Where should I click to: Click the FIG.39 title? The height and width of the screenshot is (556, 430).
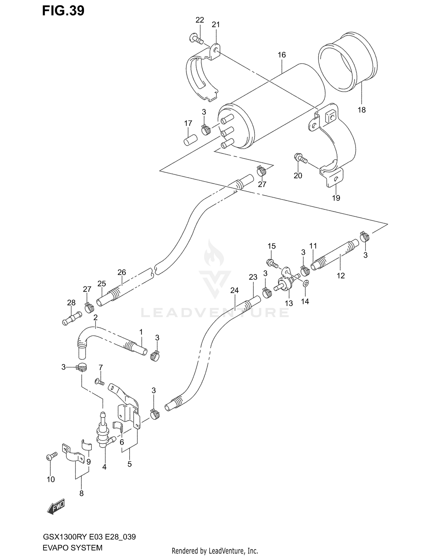click(63, 11)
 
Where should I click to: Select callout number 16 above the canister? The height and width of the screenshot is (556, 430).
click(282, 55)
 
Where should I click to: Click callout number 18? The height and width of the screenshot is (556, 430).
click(361, 110)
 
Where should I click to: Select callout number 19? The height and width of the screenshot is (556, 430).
click(336, 198)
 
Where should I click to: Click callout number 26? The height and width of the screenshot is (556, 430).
click(122, 272)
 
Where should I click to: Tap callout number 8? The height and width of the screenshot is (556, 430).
click(81, 493)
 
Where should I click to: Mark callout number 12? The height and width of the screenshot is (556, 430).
click(341, 276)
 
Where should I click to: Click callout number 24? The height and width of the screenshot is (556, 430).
click(234, 290)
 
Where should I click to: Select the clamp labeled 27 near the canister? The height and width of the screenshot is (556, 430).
click(261, 171)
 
